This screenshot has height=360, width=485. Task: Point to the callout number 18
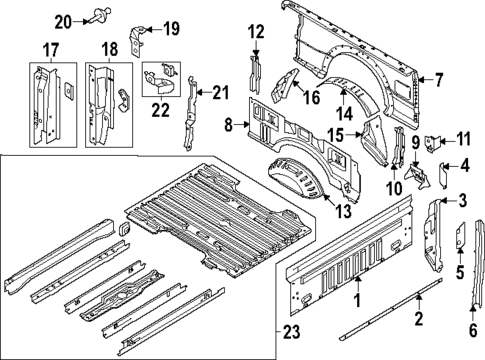109,48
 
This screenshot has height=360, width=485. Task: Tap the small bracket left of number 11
435,143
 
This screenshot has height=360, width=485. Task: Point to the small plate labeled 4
447,167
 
